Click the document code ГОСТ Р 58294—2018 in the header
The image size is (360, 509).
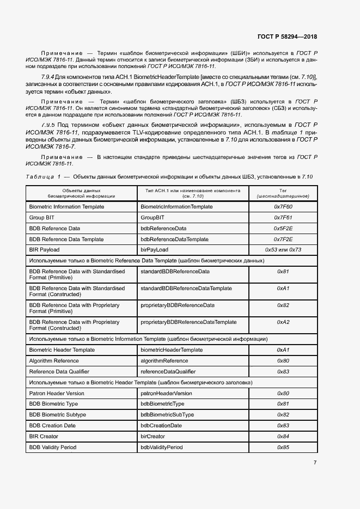pyautogui.click(x=286, y=37)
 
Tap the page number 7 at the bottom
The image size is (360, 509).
pyautogui.click(x=315, y=463)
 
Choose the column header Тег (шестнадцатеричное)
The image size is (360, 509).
pyautogui.click(x=283, y=193)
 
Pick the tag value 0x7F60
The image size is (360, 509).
pyautogui.click(x=283, y=207)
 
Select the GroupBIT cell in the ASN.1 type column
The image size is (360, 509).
pyautogui.click(x=152, y=218)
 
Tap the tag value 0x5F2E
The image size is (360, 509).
pyautogui.click(x=283, y=229)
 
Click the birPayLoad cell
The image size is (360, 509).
pyautogui.click(x=156, y=250)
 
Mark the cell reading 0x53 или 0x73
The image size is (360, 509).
pyautogui.click(x=283, y=250)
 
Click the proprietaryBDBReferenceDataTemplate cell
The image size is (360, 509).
pyautogui.click(x=188, y=322)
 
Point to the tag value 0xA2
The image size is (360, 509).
pyautogui.click(x=283, y=322)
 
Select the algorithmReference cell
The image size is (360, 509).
pyautogui.click(x=164, y=361)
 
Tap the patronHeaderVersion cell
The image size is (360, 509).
pyautogui.click(x=166, y=393)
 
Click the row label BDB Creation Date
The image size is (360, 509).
pyautogui.click(x=52, y=426)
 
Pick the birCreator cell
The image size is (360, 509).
pyautogui.click(x=152, y=437)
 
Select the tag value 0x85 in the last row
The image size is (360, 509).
pyautogui.click(x=283, y=447)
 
